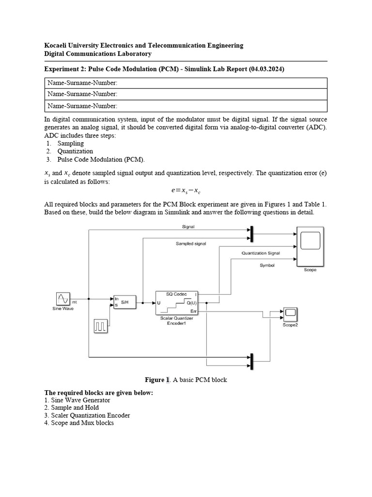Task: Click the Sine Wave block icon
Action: click(63, 298)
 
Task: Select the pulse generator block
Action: click(100, 327)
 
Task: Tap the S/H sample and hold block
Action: click(123, 301)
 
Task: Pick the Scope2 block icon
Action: click(290, 315)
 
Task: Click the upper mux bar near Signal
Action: click(251, 233)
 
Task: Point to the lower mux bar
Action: click(251, 361)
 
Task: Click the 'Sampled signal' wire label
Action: click(190, 244)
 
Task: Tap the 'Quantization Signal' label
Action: click(261, 253)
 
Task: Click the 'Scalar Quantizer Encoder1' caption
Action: click(176, 320)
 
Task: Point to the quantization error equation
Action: click(186, 192)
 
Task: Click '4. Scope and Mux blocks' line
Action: click(79, 423)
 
